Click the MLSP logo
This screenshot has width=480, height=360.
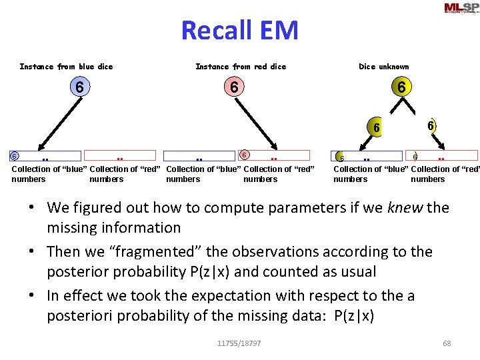tap(461, 8)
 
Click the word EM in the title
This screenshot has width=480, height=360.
tap(278, 31)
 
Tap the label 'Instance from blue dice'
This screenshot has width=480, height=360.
tap(66, 67)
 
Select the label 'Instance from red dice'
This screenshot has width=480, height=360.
tap(240, 67)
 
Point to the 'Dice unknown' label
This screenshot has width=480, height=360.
tap(383, 67)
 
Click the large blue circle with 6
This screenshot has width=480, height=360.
tap(79, 87)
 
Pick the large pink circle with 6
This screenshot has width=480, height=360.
tap(234, 87)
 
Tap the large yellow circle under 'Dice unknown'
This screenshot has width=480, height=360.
tap(401, 87)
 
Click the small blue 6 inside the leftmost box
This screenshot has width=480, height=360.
tap(13, 156)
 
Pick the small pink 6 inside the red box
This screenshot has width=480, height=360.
tap(245, 155)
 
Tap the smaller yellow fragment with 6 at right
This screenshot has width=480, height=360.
tap(431, 125)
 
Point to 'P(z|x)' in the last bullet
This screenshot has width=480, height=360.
tap(351, 315)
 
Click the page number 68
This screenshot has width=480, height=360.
tap(447, 343)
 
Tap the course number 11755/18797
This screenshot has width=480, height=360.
tap(239, 343)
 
